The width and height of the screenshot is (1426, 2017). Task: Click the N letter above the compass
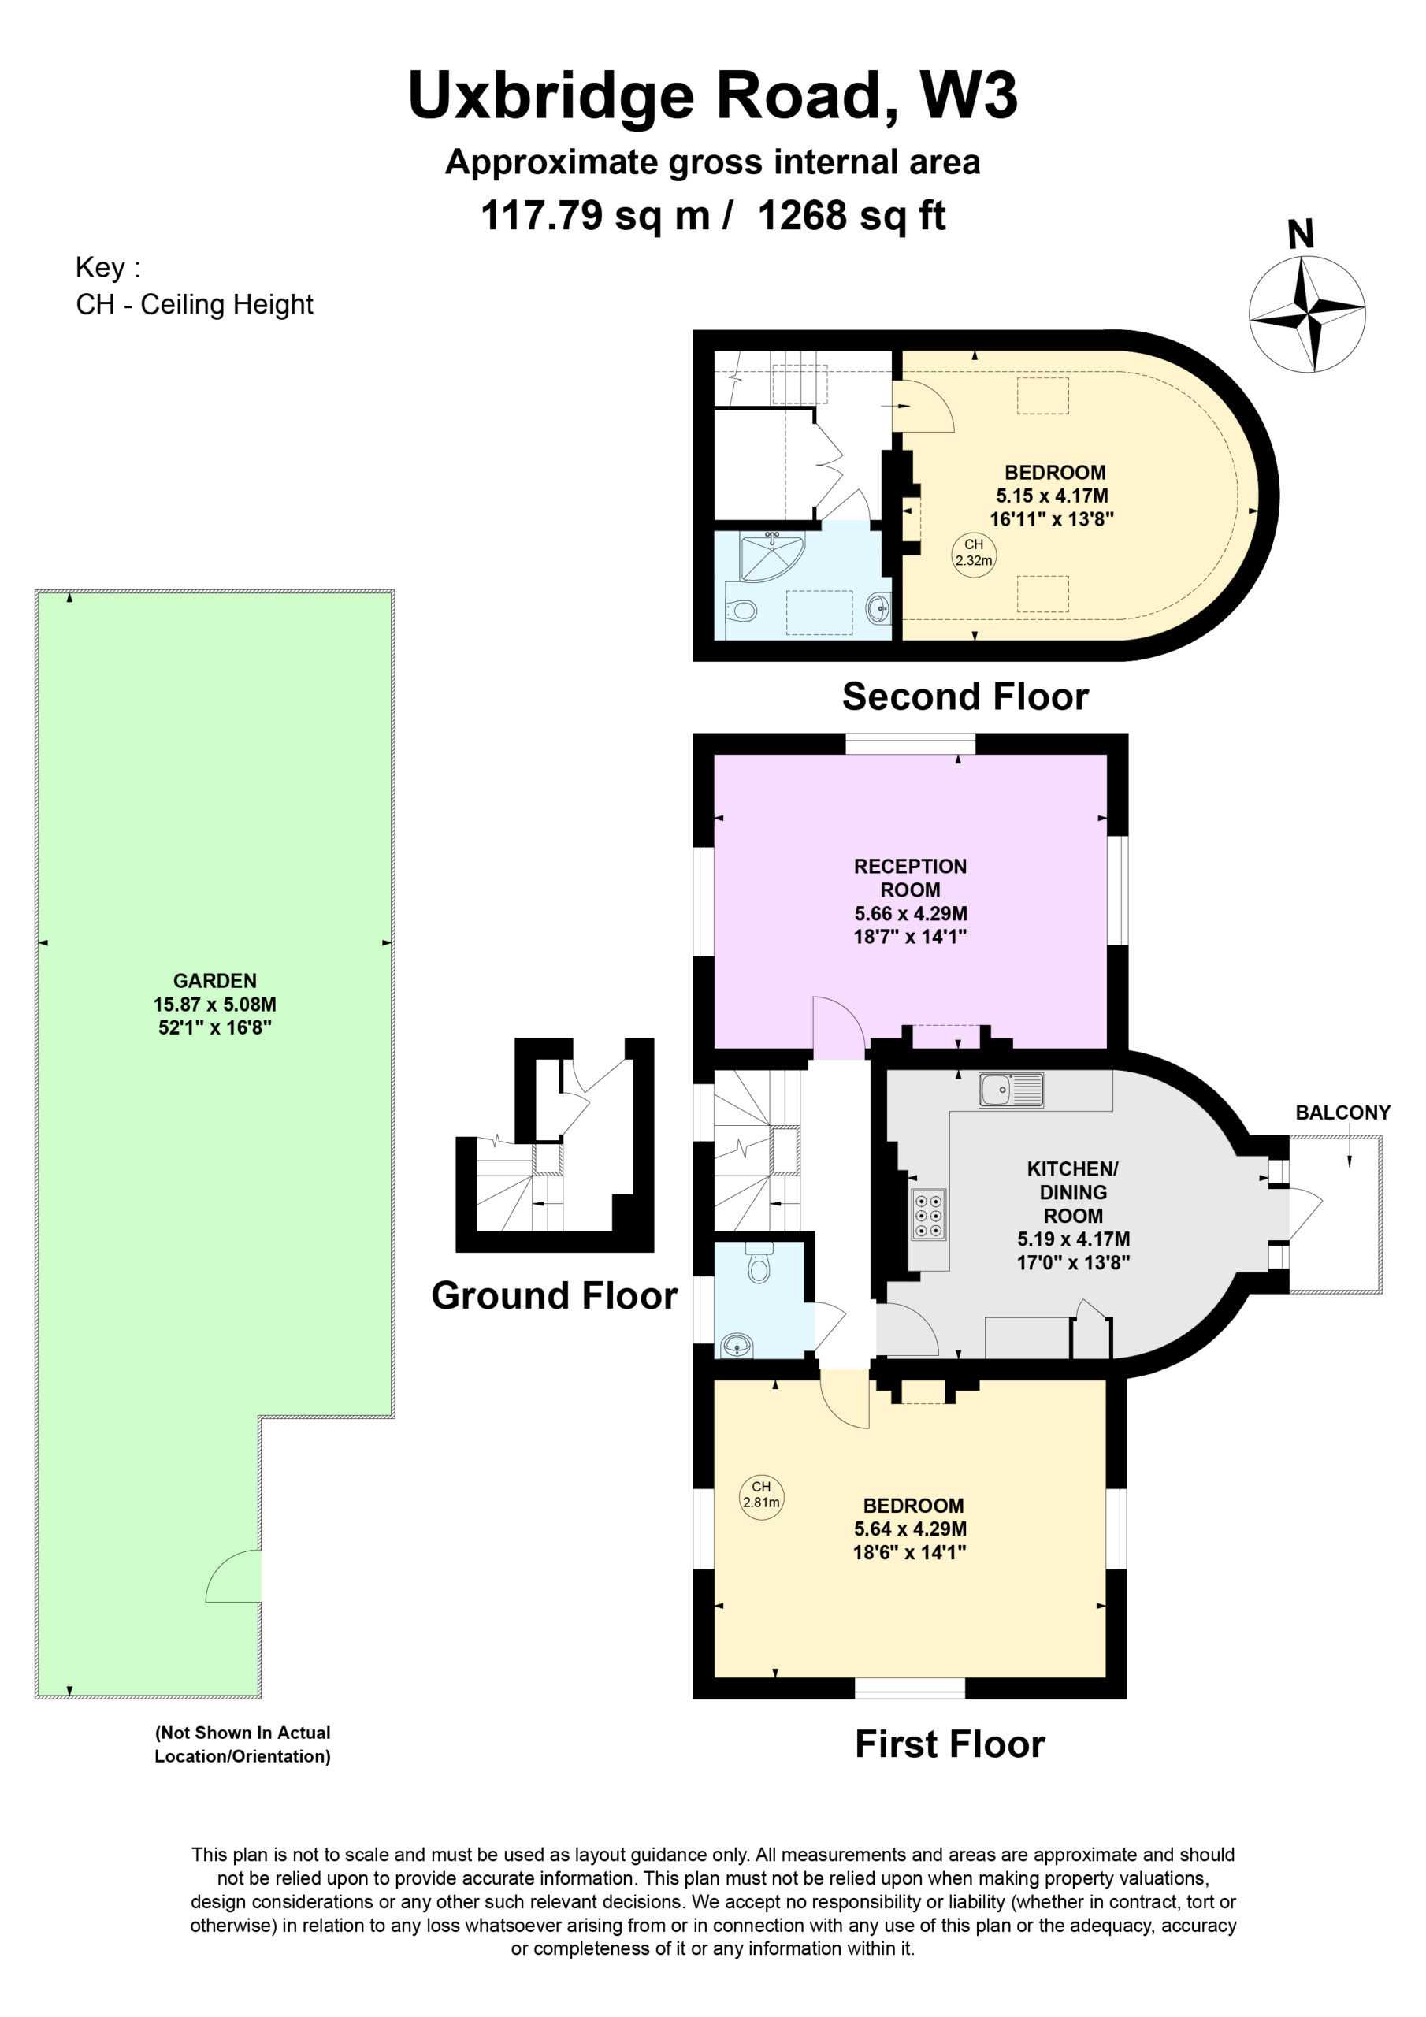click(1301, 234)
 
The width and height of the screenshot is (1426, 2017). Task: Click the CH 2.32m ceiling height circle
click(974, 552)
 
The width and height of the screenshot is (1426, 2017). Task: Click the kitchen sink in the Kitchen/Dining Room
click(1011, 1090)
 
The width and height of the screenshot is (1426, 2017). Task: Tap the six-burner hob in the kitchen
click(928, 1214)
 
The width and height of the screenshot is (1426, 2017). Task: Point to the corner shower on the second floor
click(771, 557)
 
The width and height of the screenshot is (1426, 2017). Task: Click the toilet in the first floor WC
click(758, 1261)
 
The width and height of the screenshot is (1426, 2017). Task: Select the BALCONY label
click(1342, 1113)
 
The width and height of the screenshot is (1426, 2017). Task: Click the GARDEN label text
click(214, 980)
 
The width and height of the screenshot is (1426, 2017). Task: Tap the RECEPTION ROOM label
click(910, 878)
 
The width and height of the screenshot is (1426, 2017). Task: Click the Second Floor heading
click(965, 696)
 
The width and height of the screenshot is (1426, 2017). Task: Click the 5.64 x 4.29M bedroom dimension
click(910, 1529)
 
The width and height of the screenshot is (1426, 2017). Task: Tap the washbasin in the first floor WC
click(737, 1344)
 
